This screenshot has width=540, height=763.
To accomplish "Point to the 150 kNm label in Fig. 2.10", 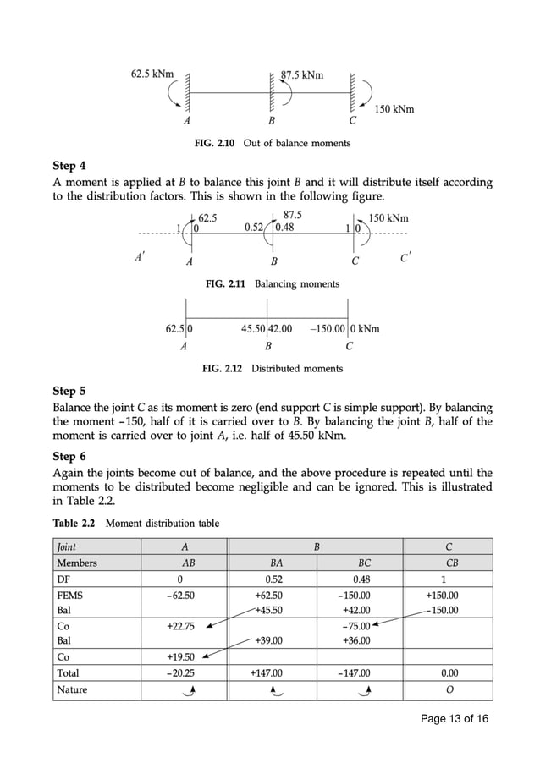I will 394,110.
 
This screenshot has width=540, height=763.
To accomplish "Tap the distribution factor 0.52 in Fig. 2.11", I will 253,227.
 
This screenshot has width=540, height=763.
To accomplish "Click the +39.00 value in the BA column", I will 268,640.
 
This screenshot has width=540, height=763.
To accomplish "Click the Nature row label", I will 72,689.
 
